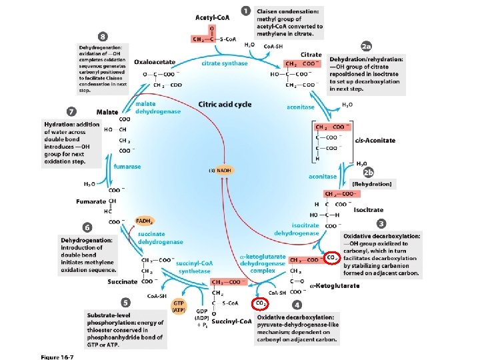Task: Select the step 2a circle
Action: tap(366, 47)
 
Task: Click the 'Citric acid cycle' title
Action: tap(225, 105)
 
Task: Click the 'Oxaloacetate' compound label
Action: tap(155, 62)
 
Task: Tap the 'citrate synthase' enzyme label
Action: tap(225, 63)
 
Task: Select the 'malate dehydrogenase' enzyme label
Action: tap(158, 108)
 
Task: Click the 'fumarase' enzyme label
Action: tap(127, 167)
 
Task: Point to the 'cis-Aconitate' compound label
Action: tap(375, 141)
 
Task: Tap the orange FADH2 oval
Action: tap(145, 221)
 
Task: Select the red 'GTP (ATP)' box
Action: tap(179, 307)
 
